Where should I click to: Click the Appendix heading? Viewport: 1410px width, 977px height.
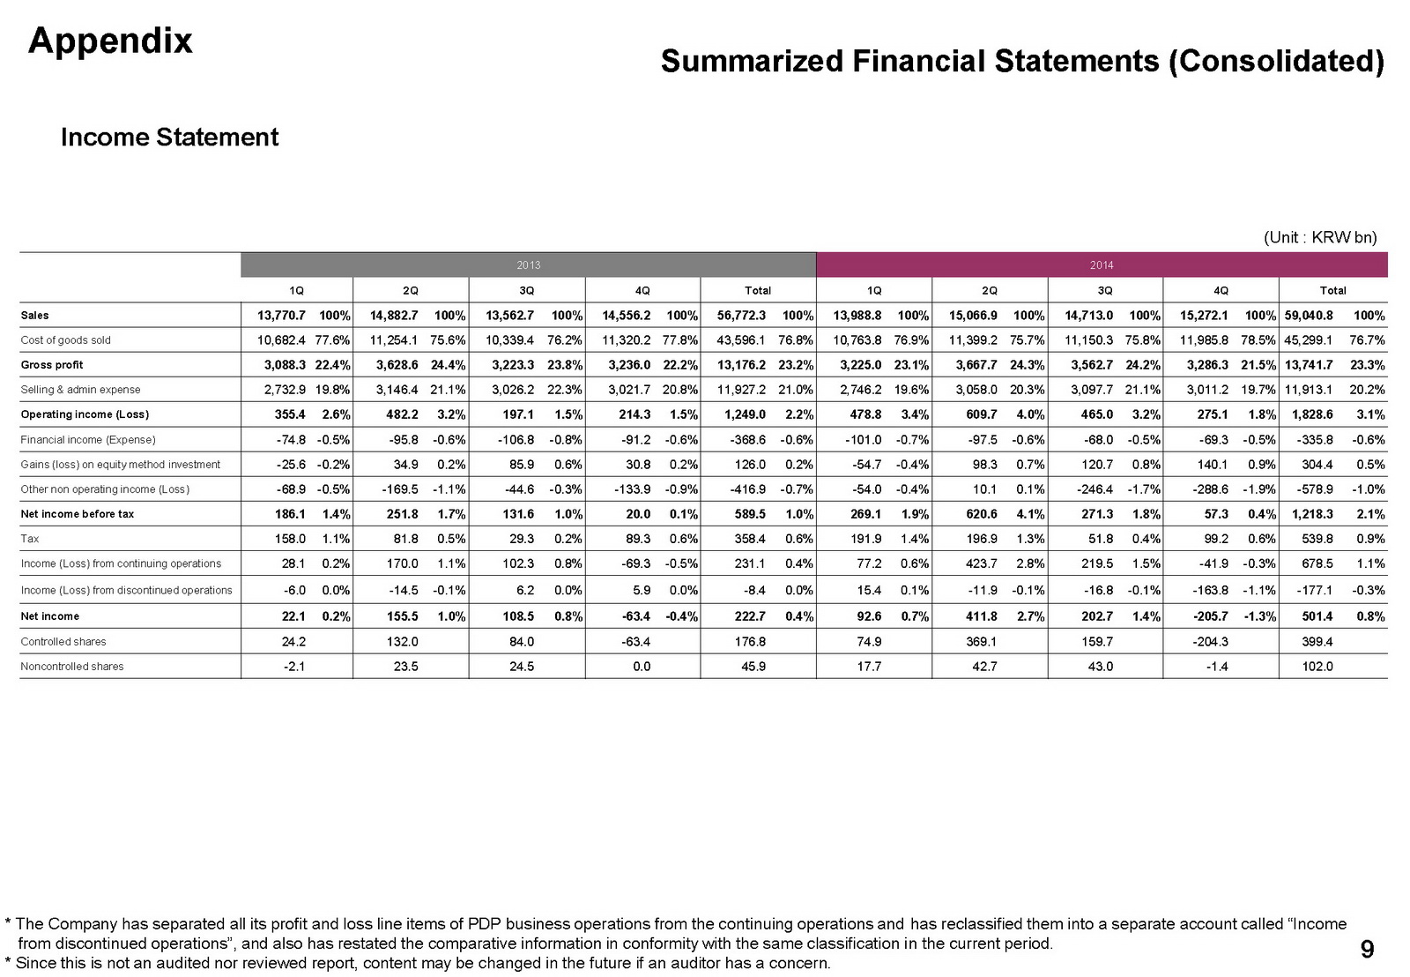click(x=110, y=41)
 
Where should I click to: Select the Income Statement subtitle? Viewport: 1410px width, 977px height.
click(x=169, y=138)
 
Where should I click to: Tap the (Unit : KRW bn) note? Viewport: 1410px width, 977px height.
click(x=1319, y=237)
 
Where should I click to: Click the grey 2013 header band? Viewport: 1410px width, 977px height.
click(x=528, y=265)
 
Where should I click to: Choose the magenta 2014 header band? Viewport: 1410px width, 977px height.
click(x=1102, y=265)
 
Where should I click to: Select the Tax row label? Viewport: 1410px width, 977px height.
click(x=30, y=539)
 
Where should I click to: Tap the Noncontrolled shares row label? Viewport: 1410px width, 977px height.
click(x=72, y=667)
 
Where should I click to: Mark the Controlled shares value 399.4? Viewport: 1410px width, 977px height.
click(x=1317, y=642)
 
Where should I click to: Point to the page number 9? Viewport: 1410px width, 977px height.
click(x=1367, y=949)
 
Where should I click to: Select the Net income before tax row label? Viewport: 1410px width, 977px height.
click(x=78, y=514)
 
